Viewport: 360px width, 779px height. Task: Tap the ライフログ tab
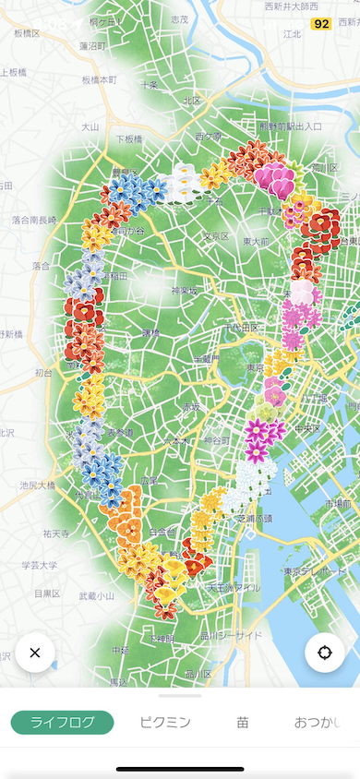pos(62,722)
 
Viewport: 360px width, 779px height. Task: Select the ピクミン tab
pos(165,722)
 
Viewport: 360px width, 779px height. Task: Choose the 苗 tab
pos(242,722)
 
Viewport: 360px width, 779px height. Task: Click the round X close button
pos(35,653)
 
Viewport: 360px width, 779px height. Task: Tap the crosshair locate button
pos(325,653)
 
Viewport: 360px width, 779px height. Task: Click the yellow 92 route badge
pos(321,24)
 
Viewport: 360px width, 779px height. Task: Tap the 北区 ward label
pos(192,101)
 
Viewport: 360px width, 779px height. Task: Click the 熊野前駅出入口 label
pos(290,126)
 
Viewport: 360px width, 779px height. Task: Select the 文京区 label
pos(216,236)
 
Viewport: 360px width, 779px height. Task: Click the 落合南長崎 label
pos(33,220)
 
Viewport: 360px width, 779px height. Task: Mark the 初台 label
pos(43,373)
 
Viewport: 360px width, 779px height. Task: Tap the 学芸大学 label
pos(39,565)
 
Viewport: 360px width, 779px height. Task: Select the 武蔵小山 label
pos(97,596)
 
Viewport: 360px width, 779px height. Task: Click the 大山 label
pos(90,126)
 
